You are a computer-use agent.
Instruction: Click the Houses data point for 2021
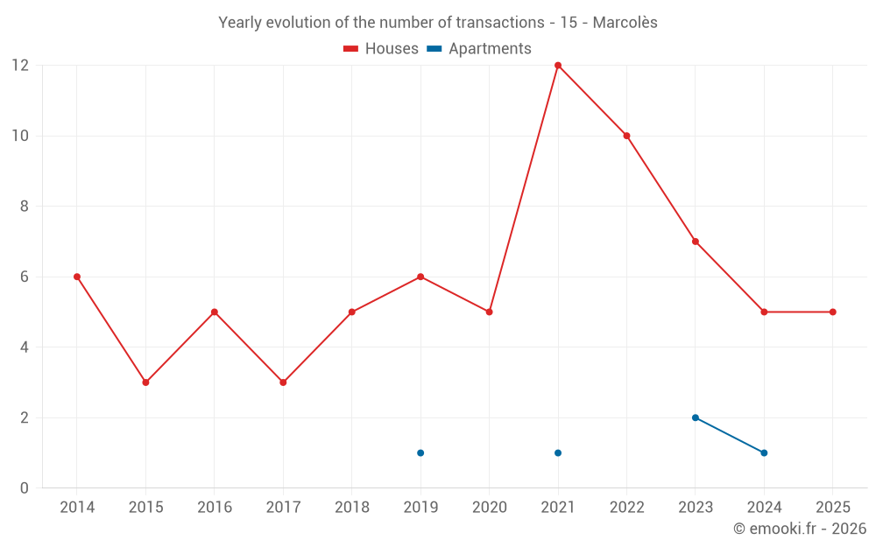pyautogui.click(x=558, y=66)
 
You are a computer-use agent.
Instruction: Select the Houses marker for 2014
pyautogui.click(x=77, y=277)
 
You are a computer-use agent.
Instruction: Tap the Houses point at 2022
pyautogui.click(x=626, y=136)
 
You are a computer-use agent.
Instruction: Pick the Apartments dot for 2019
pyautogui.click(x=420, y=452)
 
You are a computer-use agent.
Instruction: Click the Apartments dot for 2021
pyautogui.click(x=558, y=452)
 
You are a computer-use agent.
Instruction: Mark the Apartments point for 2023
pyautogui.click(x=696, y=417)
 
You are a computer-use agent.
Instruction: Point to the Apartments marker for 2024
pyautogui.click(x=764, y=452)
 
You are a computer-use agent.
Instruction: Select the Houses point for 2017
pyautogui.click(x=283, y=382)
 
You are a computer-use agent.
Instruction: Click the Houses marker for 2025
pyautogui.click(x=832, y=312)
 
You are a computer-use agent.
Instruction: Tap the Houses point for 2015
pyautogui.click(x=145, y=382)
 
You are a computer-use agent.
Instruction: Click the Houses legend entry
pyautogui.click(x=381, y=49)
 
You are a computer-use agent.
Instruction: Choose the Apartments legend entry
pyautogui.click(x=479, y=49)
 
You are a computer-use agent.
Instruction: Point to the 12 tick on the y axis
pyautogui.click(x=20, y=66)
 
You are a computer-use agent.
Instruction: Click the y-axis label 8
pyautogui.click(x=25, y=207)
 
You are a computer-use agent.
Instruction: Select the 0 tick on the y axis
pyautogui.click(x=25, y=487)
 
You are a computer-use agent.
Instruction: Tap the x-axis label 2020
pyautogui.click(x=489, y=508)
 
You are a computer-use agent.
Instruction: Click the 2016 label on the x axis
pyautogui.click(x=215, y=508)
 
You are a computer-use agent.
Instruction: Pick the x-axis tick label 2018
pyautogui.click(x=351, y=508)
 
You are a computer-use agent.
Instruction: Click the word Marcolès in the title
pyautogui.click(x=625, y=23)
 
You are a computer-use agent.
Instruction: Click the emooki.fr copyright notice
pyautogui.click(x=799, y=529)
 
